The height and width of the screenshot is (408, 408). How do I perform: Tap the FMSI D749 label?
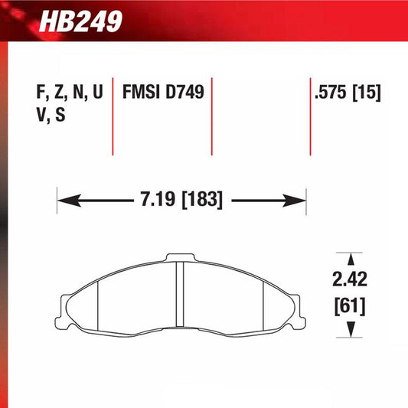(162, 93)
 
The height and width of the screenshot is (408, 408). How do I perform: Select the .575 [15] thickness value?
(347, 93)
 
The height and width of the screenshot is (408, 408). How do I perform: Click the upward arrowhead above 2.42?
(350, 258)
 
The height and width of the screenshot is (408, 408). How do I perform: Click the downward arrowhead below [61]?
(350, 329)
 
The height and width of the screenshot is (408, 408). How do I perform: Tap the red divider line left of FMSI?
(113, 115)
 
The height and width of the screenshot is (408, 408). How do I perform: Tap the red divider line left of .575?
(310, 115)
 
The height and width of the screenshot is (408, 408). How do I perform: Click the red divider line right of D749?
(212, 115)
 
